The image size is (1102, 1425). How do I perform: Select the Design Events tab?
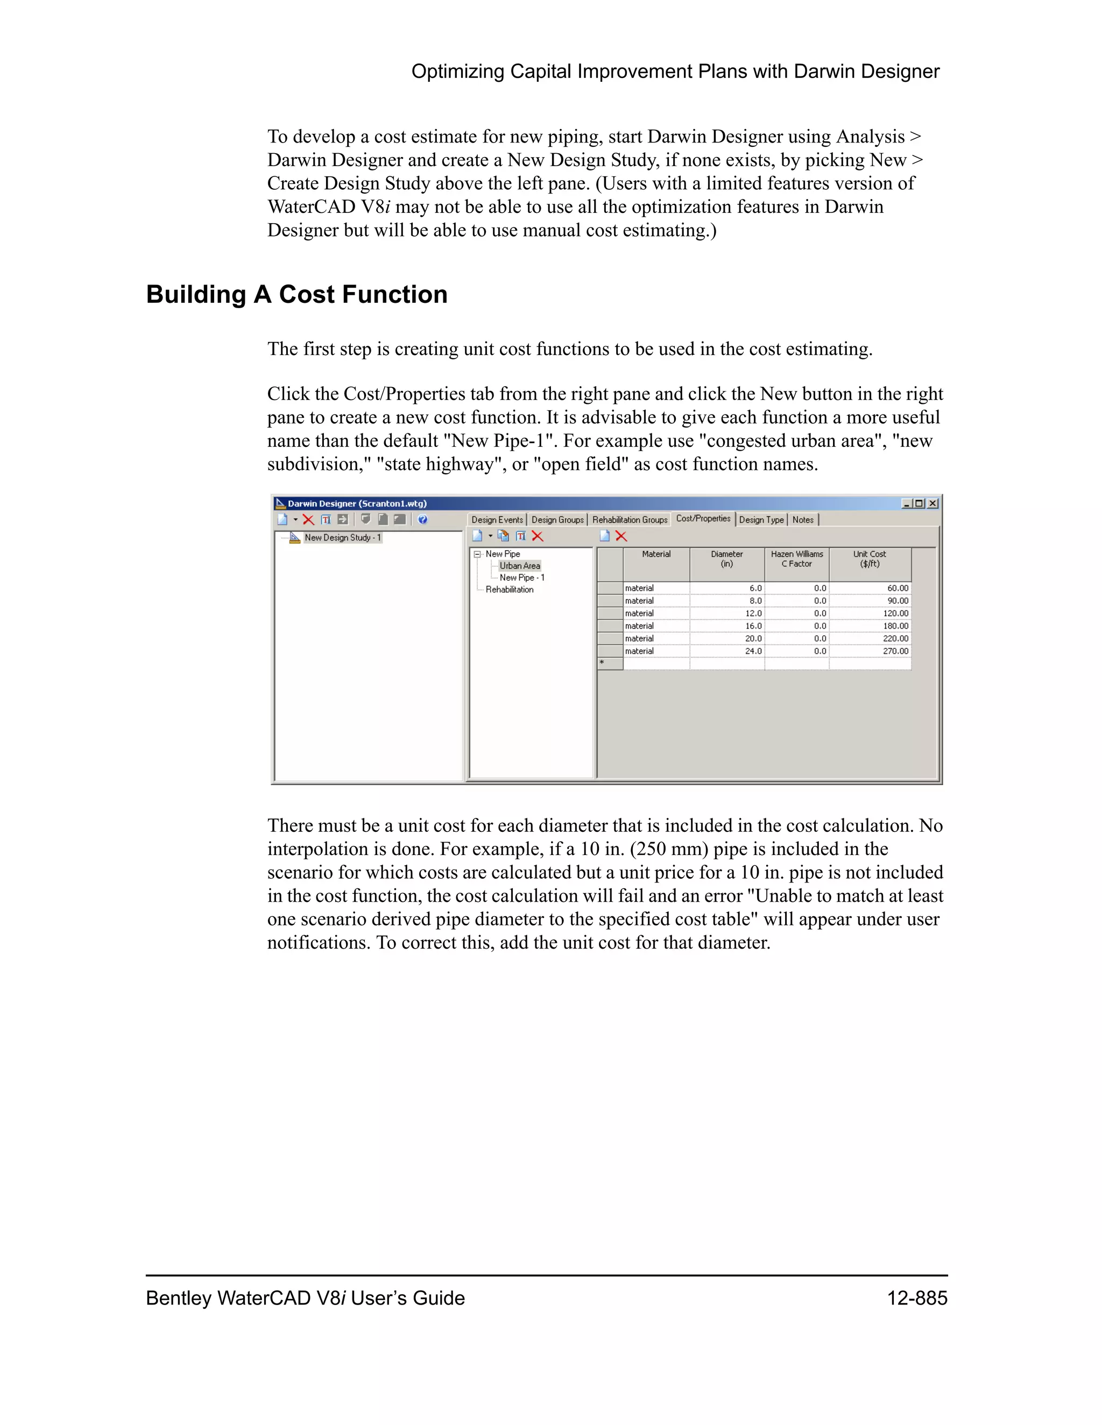click(497, 520)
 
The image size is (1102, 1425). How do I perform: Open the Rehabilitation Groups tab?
click(630, 520)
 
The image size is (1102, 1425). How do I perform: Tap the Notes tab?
click(802, 520)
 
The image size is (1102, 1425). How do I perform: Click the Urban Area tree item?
click(520, 566)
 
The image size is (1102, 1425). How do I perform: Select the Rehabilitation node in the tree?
click(509, 589)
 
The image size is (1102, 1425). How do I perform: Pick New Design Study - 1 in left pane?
click(342, 538)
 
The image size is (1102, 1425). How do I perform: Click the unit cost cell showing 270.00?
click(870, 651)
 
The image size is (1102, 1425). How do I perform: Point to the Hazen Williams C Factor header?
click(796, 559)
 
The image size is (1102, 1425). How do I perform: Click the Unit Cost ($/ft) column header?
click(869, 559)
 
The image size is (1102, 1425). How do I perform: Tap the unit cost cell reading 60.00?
click(870, 588)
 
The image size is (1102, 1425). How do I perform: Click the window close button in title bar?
click(933, 503)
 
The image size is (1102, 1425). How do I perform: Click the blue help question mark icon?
click(422, 519)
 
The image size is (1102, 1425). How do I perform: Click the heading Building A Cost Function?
click(296, 294)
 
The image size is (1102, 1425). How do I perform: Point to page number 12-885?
click(916, 1298)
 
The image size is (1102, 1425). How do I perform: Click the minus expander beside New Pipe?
click(477, 554)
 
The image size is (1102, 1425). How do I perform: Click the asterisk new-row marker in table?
click(602, 663)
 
